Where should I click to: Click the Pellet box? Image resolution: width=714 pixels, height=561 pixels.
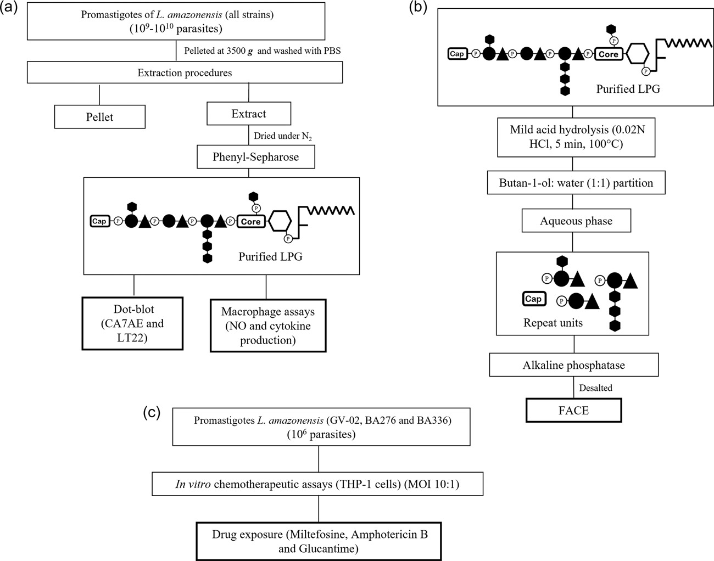(x=99, y=117)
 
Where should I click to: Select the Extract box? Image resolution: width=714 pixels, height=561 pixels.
(x=249, y=114)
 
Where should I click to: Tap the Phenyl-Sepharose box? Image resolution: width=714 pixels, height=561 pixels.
(x=256, y=156)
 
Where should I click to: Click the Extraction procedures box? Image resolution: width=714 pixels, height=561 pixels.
(x=185, y=72)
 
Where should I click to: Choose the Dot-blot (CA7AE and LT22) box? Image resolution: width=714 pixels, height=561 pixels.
(x=132, y=323)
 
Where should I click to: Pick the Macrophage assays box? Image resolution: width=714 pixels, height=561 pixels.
(x=268, y=326)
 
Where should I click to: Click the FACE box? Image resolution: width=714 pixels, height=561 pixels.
(x=573, y=410)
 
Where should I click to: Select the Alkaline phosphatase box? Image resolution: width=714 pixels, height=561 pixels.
(x=574, y=364)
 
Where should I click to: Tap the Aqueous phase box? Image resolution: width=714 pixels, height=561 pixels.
(x=576, y=221)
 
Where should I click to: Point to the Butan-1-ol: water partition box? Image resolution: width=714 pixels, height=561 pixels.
(x=576, y=182)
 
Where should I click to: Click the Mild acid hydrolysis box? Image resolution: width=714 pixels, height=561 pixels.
(x=576, y=137)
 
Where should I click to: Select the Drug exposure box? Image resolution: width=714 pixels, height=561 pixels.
(x=319, y=541)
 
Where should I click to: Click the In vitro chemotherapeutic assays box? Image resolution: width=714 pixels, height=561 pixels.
(x=317, y=484)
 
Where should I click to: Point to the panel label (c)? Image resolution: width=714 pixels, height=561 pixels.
(x=152, y=412)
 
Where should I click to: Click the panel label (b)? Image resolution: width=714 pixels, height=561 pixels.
(x=419, y=7)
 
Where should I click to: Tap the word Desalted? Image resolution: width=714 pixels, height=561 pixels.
(x=595, y=388)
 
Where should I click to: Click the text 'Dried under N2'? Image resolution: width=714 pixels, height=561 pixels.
(x=283, y=136)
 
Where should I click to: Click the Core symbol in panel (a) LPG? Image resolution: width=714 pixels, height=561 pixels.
(x=251, y=221)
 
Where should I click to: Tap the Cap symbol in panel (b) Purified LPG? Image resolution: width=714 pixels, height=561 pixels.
(x=457, y=54)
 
